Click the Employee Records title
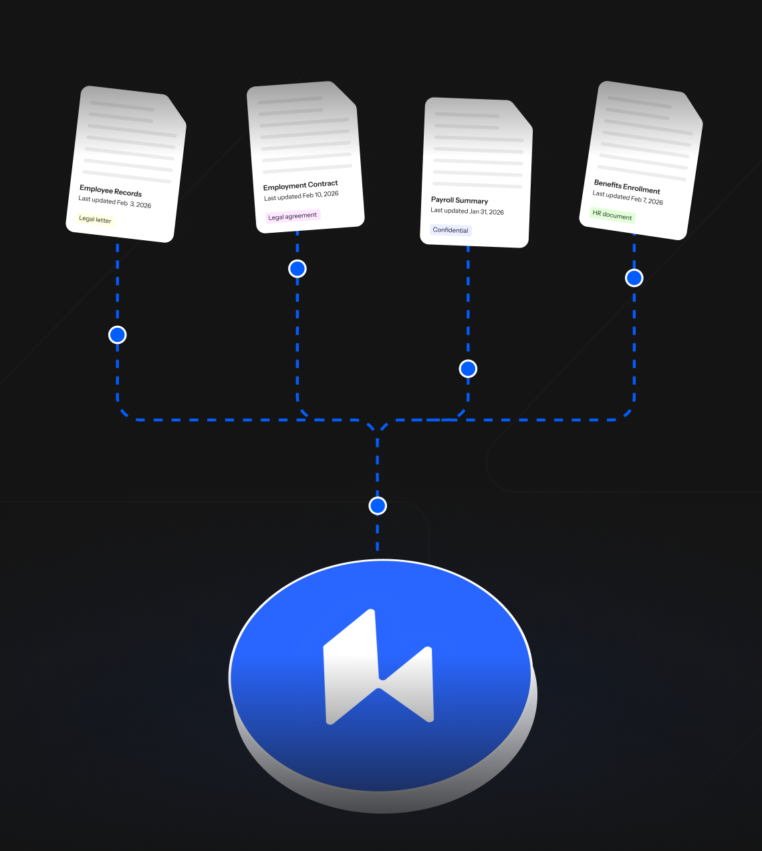[x=110, y=191]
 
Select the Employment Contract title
[x=300, y=185]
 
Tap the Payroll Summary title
[x=459, y=200]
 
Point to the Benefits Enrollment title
[x=627, y=186]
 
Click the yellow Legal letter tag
[x=95, y=219]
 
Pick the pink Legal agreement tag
[x=292, y=216]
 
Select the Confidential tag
[x=451, y=230]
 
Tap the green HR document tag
[x=612, y=215]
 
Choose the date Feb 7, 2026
[x=647, y=199]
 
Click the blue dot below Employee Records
[x=118, y=335]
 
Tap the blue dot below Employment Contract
[x=297, y=269]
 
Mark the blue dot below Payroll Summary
[x=468, y=369]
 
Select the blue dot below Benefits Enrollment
[x=634, y=278]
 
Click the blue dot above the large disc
[x=378, y=506]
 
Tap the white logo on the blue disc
[x=378, y=668]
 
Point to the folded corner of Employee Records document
[x=176, y=110]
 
